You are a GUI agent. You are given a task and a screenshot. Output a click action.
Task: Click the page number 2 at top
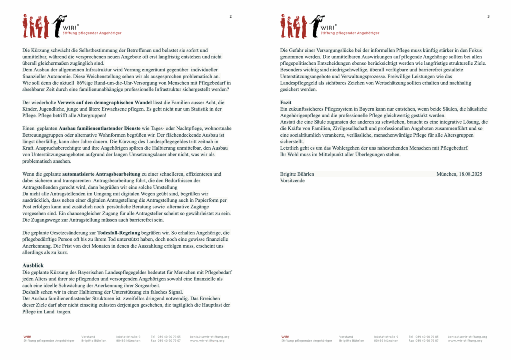point(230,17)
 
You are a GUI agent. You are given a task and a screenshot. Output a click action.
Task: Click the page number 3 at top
point(488,17)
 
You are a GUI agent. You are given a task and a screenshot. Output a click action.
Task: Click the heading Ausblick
point(33,265)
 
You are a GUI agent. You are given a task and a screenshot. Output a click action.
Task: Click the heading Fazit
point(286,102)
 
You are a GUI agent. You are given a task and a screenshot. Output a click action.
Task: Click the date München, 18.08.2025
point(459,174)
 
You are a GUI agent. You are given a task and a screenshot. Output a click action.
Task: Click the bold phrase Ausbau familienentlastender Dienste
point(98,128)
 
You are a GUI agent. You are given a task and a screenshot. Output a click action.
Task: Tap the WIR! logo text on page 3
point(329,28)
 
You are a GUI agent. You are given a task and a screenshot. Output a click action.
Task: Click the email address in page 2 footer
point(210,337)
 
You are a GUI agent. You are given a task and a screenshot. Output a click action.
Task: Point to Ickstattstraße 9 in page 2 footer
point(128,337)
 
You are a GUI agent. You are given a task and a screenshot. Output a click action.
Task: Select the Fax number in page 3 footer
point(423,341)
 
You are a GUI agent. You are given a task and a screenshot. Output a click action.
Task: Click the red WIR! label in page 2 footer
point(27,337)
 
